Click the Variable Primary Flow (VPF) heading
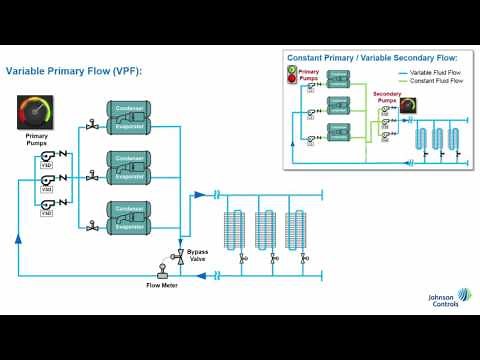pos(74,71)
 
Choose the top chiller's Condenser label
pos(130,107)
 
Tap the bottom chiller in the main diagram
pos(130,216)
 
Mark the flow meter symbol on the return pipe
pos(160,271)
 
